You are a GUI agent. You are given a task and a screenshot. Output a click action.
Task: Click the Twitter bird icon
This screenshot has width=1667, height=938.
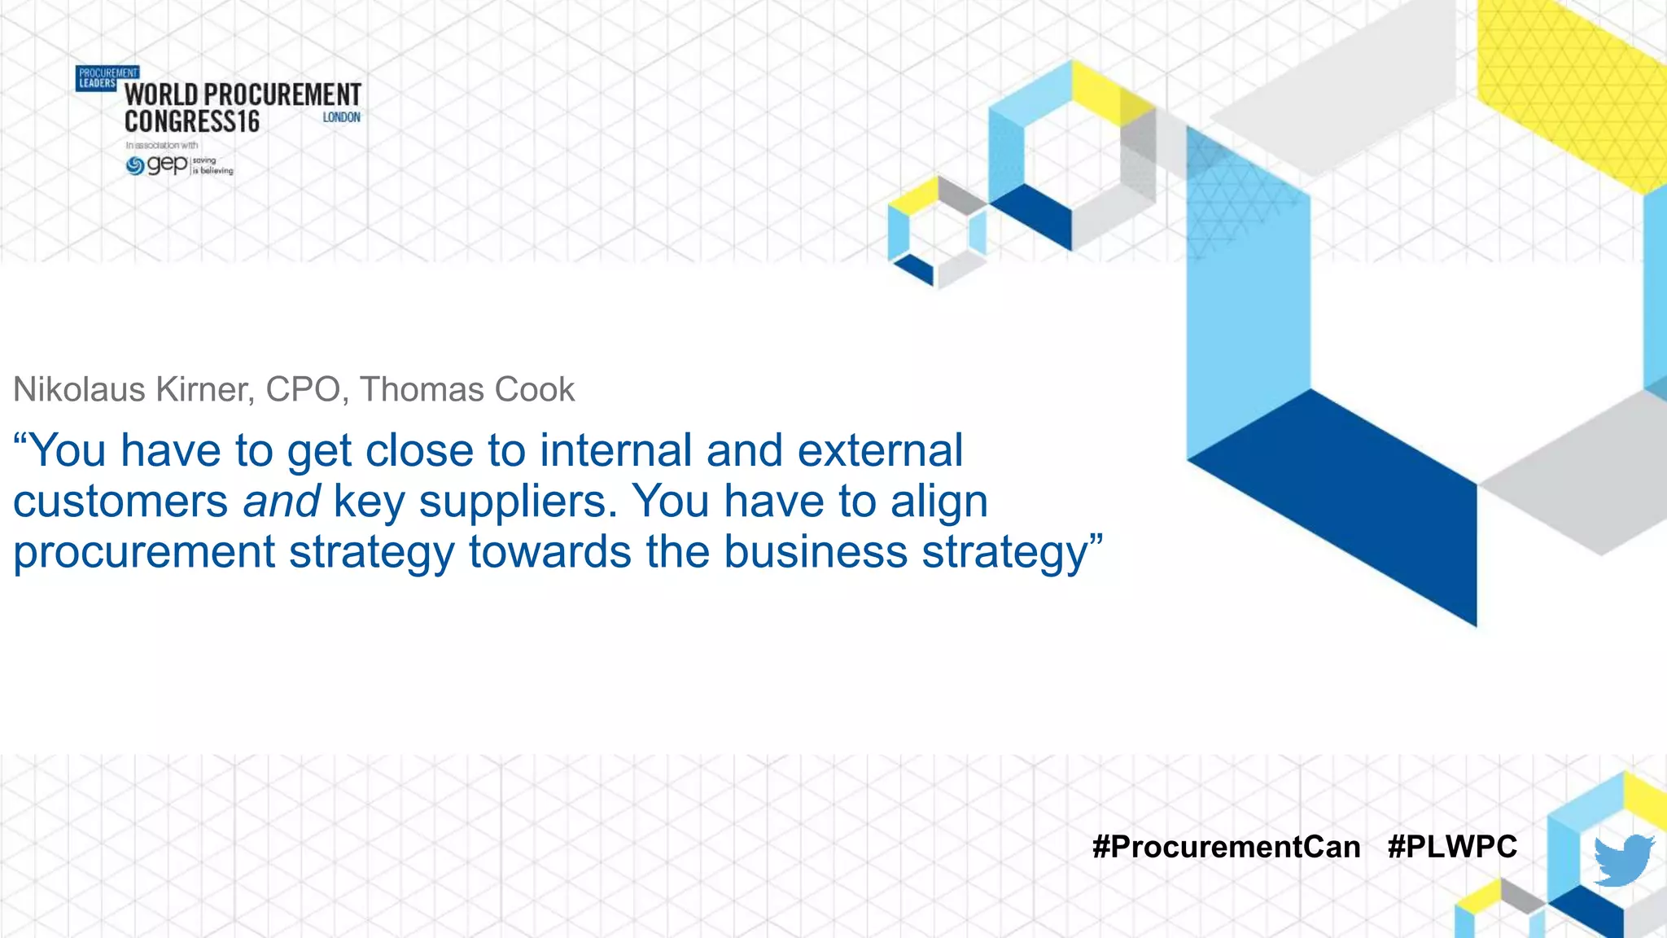coord(1623,860)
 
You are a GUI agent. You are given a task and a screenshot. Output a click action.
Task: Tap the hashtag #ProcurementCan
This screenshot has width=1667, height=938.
coord(1226,847)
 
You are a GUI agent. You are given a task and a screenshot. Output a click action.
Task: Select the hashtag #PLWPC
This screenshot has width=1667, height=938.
coord(1452,847)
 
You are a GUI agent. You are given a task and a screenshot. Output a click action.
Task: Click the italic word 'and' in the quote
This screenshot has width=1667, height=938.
coord(281,502)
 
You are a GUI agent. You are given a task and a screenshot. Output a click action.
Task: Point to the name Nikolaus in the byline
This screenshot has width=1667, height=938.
coord(79,390)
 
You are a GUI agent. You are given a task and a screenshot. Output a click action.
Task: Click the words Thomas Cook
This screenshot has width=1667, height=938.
coord(467,390)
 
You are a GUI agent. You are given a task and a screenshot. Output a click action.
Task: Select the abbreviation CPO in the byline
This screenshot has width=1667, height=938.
coord(303,390)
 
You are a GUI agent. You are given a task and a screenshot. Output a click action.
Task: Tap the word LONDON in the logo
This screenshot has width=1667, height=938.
coord(341,117)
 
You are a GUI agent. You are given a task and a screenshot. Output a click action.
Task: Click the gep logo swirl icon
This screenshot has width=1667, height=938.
coord(135,166)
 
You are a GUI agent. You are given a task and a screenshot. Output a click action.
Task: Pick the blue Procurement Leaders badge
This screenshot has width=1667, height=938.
coord(97,78)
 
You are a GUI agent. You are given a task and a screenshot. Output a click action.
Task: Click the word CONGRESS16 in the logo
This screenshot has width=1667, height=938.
coord(192,122)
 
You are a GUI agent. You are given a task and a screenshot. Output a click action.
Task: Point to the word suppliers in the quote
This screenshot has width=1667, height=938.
coord(518,502)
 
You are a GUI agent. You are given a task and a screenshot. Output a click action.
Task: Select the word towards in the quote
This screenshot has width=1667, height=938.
coord(549,552)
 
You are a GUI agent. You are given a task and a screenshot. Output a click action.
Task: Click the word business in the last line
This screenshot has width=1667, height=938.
coord(815,552)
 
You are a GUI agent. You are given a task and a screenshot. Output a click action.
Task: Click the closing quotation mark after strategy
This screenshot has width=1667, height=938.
coord(1096,540)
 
